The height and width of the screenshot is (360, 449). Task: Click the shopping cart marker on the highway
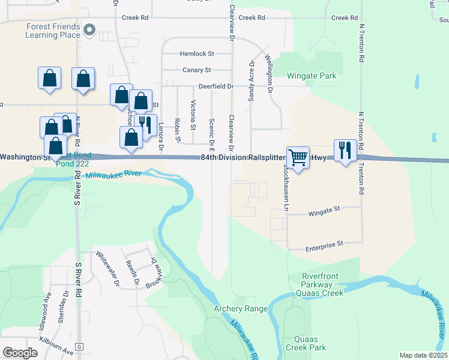pyautogui.click(x=298, y=158)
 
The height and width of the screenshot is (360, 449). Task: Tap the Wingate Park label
pyautogui.click(x=311, y=76)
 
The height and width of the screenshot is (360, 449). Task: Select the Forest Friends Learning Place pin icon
pyautogui.click(x=90, y=29)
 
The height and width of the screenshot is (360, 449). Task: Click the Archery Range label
pyautogui.click(x=241, y=308)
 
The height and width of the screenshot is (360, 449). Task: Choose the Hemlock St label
pyautogui.click(x=196, y=54)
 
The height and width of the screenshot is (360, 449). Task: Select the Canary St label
pyautogui.click(x=197, y=70)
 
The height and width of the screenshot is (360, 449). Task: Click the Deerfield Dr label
pyautogui.click(x=215, y=86)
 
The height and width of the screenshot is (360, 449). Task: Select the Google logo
pyautogui.click(x=20, y=353)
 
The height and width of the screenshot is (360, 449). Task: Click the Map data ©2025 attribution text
pyautogui.click(x=424, y=355)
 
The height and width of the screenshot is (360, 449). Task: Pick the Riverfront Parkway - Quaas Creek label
pyautogui.click(x=324, y=284)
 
